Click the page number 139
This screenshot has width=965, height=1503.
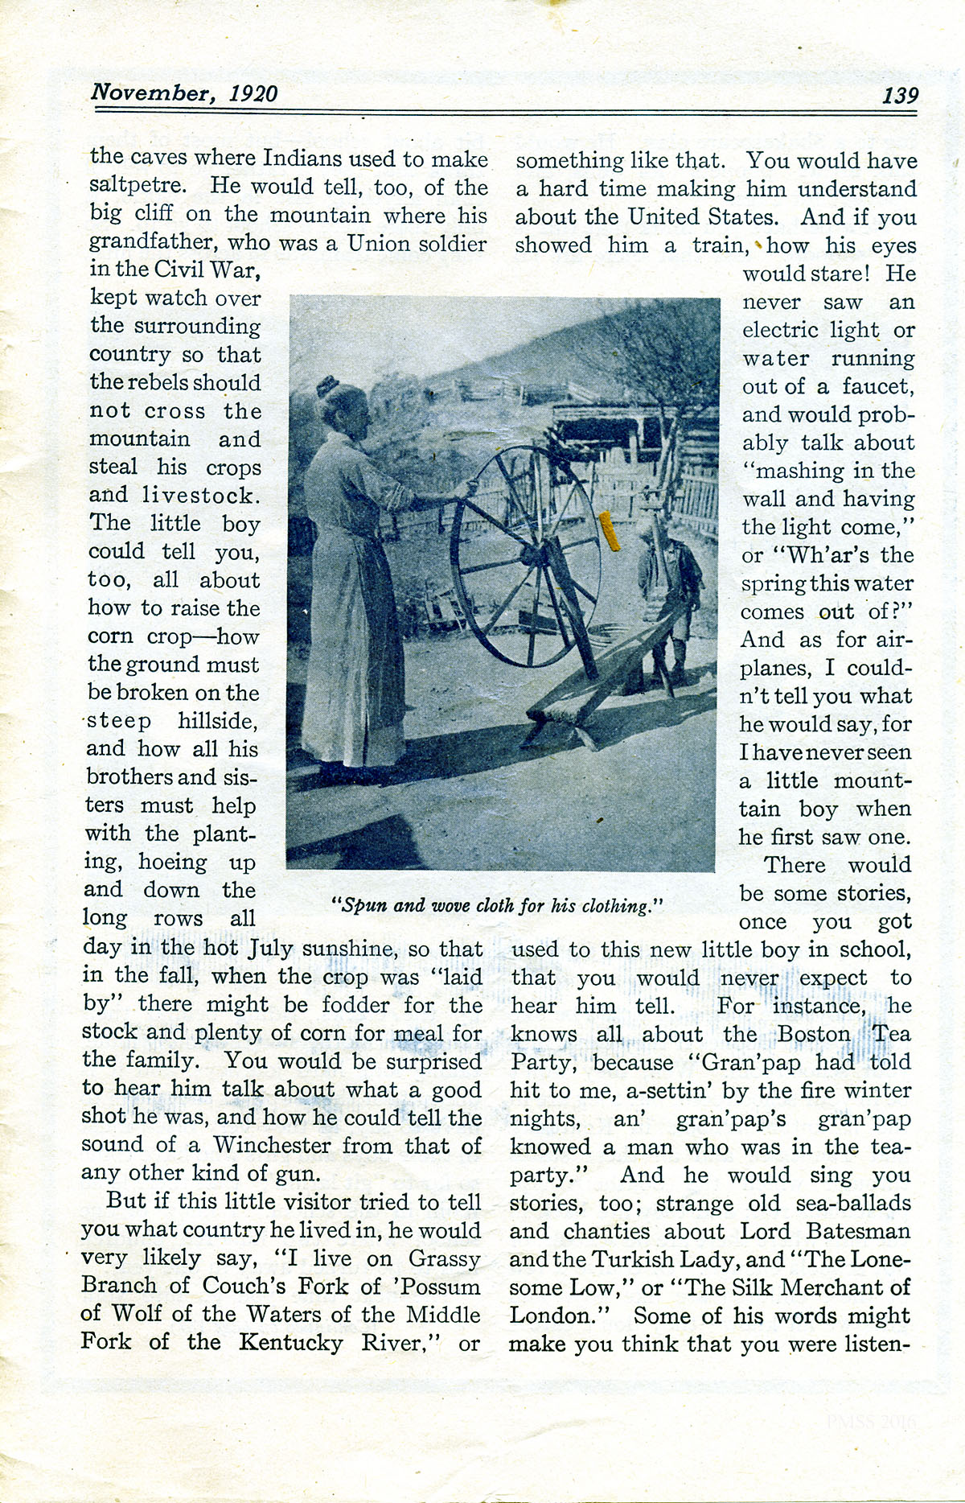pos(900,95)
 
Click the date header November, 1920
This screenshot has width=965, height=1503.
pos(184,93)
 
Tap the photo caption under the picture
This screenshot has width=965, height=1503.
pos(497,905)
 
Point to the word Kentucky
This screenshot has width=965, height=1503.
pos(290,1342)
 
